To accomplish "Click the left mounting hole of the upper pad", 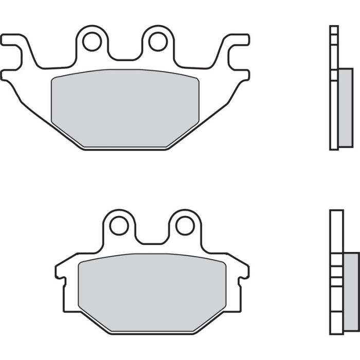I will [92, 42].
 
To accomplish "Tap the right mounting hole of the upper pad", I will [158, 41].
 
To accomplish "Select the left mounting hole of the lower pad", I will [119, 225].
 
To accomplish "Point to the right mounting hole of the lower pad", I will [185, 225].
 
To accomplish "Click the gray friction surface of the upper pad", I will [125, 108].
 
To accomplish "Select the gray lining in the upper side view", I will [343, 108].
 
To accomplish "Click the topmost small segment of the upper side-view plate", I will [334, 30].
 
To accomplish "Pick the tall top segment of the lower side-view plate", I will [336, 231].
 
